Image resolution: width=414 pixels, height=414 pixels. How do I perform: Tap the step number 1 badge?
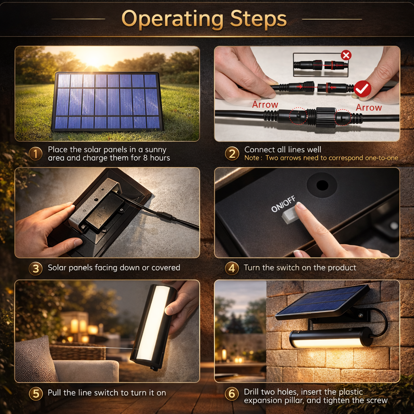36,154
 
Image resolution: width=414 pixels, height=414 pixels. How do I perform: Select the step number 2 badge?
232,154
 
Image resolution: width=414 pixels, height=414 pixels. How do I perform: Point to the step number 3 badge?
36,268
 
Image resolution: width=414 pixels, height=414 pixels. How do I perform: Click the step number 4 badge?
232,268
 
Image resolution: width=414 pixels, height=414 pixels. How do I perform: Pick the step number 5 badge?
36,393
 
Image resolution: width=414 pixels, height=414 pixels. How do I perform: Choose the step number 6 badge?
232,393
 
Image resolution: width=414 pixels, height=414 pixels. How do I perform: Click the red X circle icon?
346,55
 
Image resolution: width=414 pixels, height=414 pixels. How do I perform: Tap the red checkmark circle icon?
363,89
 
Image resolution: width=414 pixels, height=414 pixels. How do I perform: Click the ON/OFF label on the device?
283,204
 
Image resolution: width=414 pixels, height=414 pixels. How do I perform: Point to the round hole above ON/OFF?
322,185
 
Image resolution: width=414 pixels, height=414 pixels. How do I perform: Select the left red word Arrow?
265,105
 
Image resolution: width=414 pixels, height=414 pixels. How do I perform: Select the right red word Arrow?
369,108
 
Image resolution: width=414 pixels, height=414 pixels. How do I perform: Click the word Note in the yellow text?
251,158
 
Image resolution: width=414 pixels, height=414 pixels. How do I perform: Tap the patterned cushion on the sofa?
36,359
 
